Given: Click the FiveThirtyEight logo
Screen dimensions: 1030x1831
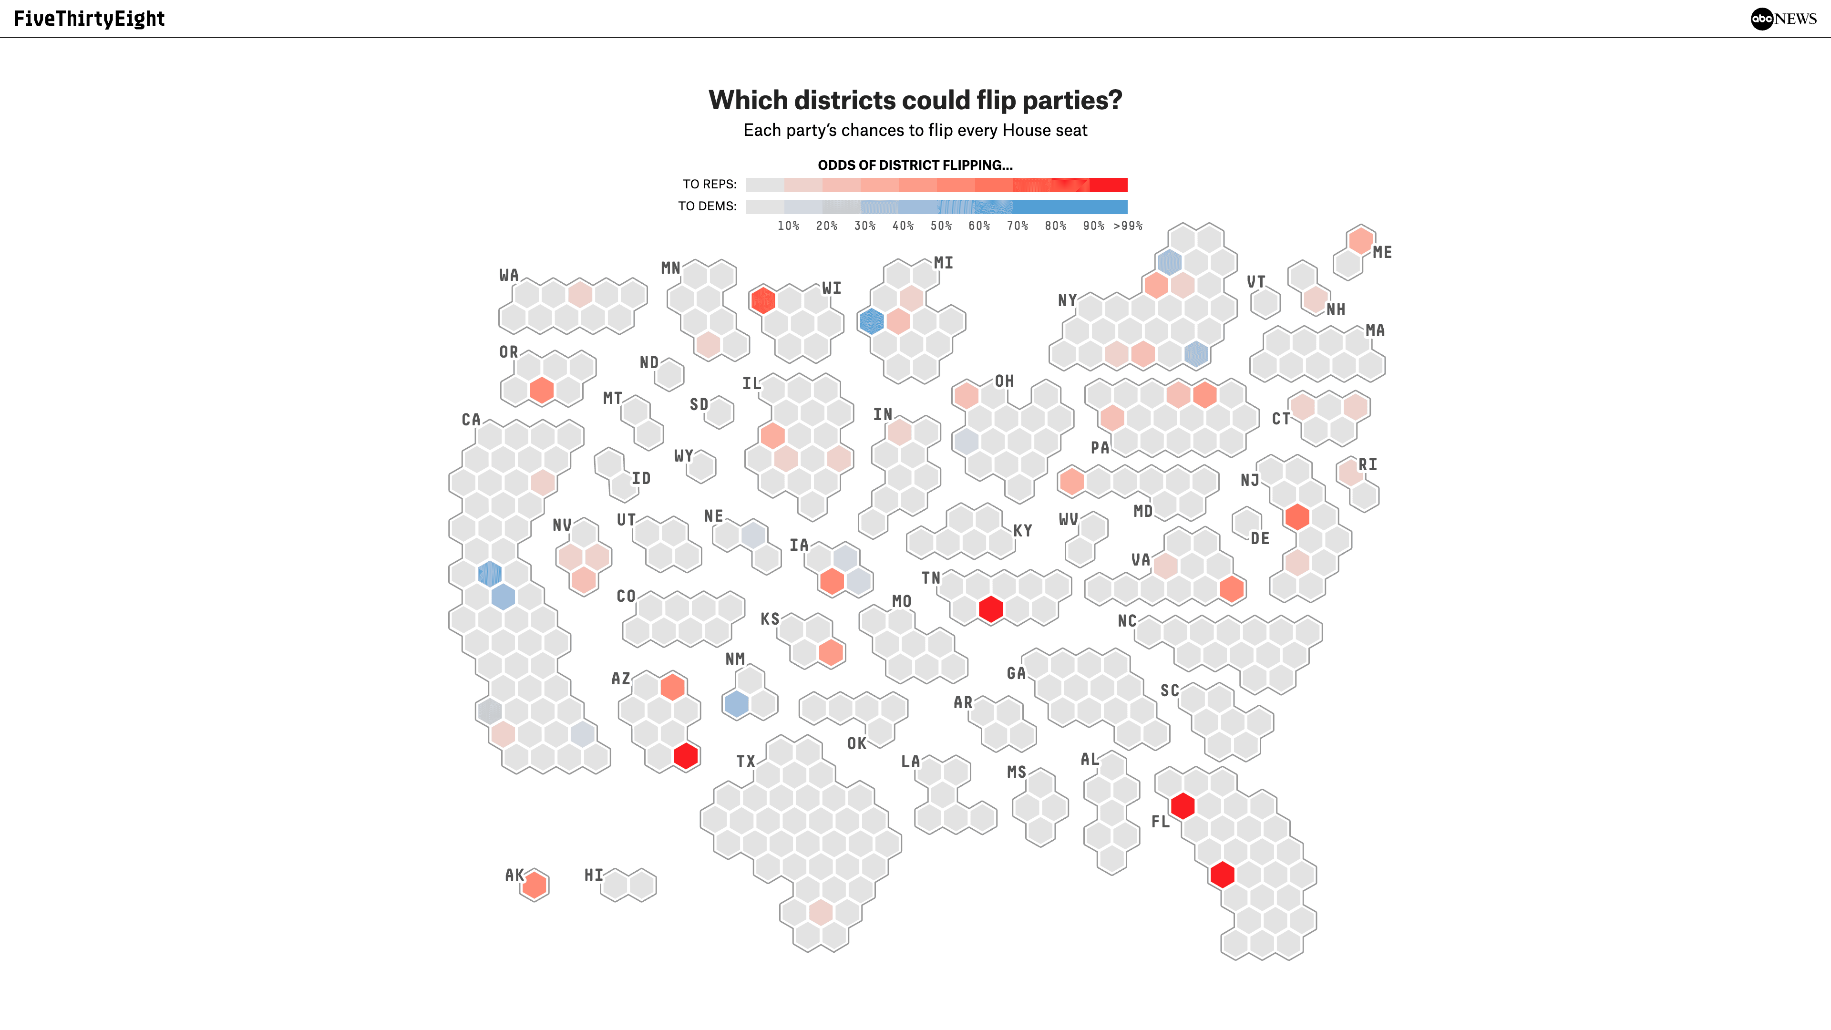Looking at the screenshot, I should tap(89, 19).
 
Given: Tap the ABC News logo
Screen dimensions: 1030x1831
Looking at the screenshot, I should tap(1783, 19).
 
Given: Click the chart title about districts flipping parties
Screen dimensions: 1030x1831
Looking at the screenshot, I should tap(915, 100).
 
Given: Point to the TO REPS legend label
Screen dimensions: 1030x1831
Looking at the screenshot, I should tap(710, 184).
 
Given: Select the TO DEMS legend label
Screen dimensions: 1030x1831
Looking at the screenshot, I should tap(707, 206).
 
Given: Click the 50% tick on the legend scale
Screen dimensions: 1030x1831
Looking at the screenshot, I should tap(941, 226).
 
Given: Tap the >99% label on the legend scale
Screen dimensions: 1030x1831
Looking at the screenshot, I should tap(1128, 226).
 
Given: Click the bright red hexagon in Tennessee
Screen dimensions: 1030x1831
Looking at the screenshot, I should tap(990, 609).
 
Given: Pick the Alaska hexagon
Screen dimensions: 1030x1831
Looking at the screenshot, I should tap(535, 885).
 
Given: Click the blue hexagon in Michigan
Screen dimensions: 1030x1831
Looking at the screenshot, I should tap(872, 321).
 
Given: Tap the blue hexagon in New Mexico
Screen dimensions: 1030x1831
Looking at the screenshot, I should tap(736, 704).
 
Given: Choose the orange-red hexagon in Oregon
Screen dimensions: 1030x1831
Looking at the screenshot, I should tap(542, 390).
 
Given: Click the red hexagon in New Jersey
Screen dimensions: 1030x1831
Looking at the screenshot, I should tap(1297, 517).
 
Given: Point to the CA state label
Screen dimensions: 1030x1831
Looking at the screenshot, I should tap(471, 420).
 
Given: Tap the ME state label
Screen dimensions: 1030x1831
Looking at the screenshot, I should tap(1382, 252).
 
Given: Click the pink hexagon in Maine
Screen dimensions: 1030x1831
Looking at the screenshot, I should tap(1360, 240).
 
